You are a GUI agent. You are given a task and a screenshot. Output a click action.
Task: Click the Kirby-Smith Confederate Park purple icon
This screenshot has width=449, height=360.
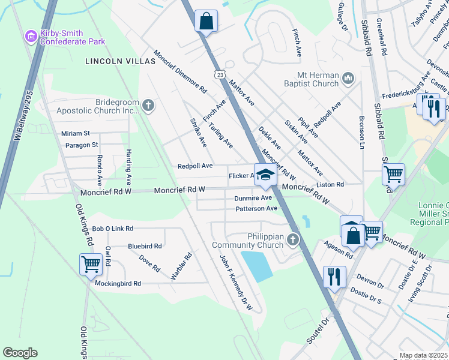pos(31,37)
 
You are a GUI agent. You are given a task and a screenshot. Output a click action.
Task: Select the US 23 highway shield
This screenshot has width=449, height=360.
pos(220,73)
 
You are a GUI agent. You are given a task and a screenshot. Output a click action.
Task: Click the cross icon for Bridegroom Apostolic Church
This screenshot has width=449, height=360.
pos(149,106)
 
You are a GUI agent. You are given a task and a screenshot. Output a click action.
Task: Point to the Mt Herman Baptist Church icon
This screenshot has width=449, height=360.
pos(348,77)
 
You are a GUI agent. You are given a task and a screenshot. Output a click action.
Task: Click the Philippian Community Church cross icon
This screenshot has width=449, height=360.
pos(293,240)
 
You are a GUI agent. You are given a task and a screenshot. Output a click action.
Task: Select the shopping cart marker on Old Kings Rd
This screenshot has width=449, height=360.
pos(91,263)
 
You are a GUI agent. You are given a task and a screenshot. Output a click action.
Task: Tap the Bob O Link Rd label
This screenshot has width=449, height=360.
pos(112,229)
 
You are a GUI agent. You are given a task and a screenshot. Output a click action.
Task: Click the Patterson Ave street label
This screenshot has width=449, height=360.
pos(256,208)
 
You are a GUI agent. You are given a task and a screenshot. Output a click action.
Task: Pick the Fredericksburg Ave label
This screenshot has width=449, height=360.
pos(406,95)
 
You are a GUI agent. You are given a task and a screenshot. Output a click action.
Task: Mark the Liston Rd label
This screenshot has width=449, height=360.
pos(331,185)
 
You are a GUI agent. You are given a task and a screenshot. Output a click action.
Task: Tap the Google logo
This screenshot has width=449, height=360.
pos(20,353)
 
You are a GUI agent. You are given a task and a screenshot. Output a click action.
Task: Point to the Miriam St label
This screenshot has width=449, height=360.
pos(75,133)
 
